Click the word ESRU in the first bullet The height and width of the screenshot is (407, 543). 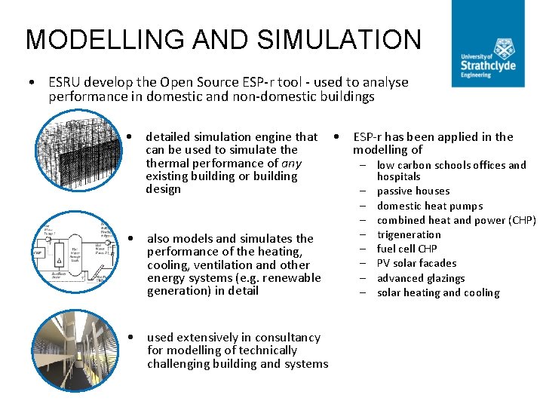(x=64, y=82)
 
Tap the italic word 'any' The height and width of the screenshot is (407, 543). (x=291, y=163)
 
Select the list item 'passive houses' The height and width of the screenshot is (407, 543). (x=413, y=191)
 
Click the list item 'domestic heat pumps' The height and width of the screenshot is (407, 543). (x=429, y=206)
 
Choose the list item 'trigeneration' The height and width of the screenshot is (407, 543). (x=409, y=234)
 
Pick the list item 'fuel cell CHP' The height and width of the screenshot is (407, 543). (x=406, y=249)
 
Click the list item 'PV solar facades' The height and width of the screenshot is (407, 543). (x=416, y=263)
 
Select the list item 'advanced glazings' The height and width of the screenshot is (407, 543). (x=420, y=278)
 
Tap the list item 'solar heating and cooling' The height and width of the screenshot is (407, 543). (x=437, y=292)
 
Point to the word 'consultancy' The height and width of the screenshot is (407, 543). (x=287, y=337)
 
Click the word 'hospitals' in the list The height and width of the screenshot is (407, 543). (x=398, y=176)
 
